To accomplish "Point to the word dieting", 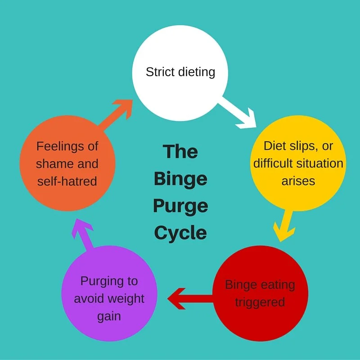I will tap(196, 72).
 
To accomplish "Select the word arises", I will tap(298, 180).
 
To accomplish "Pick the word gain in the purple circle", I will tap(109, 316).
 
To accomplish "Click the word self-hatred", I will tap(67, 181).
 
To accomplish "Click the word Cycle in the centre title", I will tap(180, 233).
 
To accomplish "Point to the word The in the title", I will tap(180, 152).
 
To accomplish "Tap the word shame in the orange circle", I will tap(54, 163).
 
